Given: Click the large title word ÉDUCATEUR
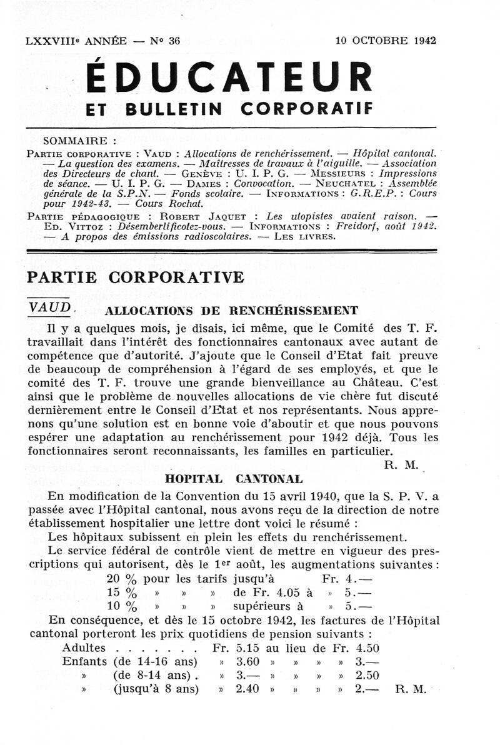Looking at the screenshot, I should click(229, 77).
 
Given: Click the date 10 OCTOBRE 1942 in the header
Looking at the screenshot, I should click(386, 41).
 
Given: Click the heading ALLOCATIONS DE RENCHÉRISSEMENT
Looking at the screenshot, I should click(232, 311).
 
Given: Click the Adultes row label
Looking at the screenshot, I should click(84, 649).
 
